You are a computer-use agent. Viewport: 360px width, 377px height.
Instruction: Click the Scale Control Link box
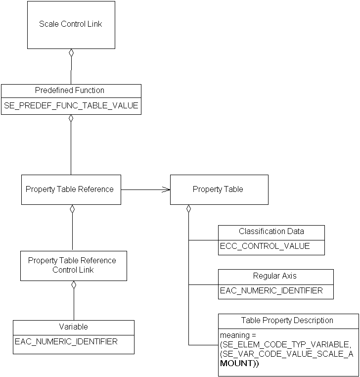(x=71, y=25)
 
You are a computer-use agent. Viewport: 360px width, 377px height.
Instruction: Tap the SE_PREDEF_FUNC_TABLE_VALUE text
(x=71, y=106)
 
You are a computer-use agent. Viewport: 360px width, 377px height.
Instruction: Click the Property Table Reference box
(x=71, y=189)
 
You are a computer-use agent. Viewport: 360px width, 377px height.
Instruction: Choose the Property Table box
(x=219, y=189)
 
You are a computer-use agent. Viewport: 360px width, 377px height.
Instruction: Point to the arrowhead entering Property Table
(x=167, y=189)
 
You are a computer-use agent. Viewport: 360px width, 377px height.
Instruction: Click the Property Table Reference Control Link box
(x=73, y=266)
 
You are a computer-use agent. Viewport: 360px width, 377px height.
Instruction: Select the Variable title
(x=73, y=327)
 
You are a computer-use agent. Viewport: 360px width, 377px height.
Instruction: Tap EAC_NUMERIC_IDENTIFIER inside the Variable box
(x=66, y=341)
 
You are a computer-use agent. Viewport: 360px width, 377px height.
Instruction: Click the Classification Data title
(x=271, y=232)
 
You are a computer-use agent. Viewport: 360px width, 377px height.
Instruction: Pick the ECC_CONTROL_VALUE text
(x=265, y=246)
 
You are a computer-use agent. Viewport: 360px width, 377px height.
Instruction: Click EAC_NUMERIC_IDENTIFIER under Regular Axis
(x=271, y=290)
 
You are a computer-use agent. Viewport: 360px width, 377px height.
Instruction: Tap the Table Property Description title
(x=287, y=321)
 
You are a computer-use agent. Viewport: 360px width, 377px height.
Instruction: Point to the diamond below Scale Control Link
(x=71, y=53)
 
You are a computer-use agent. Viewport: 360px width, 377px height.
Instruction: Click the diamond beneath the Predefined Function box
(x=71, y=119)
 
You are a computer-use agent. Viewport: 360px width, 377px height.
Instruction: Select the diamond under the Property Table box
(x=188, y=209)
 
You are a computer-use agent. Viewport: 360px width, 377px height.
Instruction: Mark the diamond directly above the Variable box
(x=74, y=285)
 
